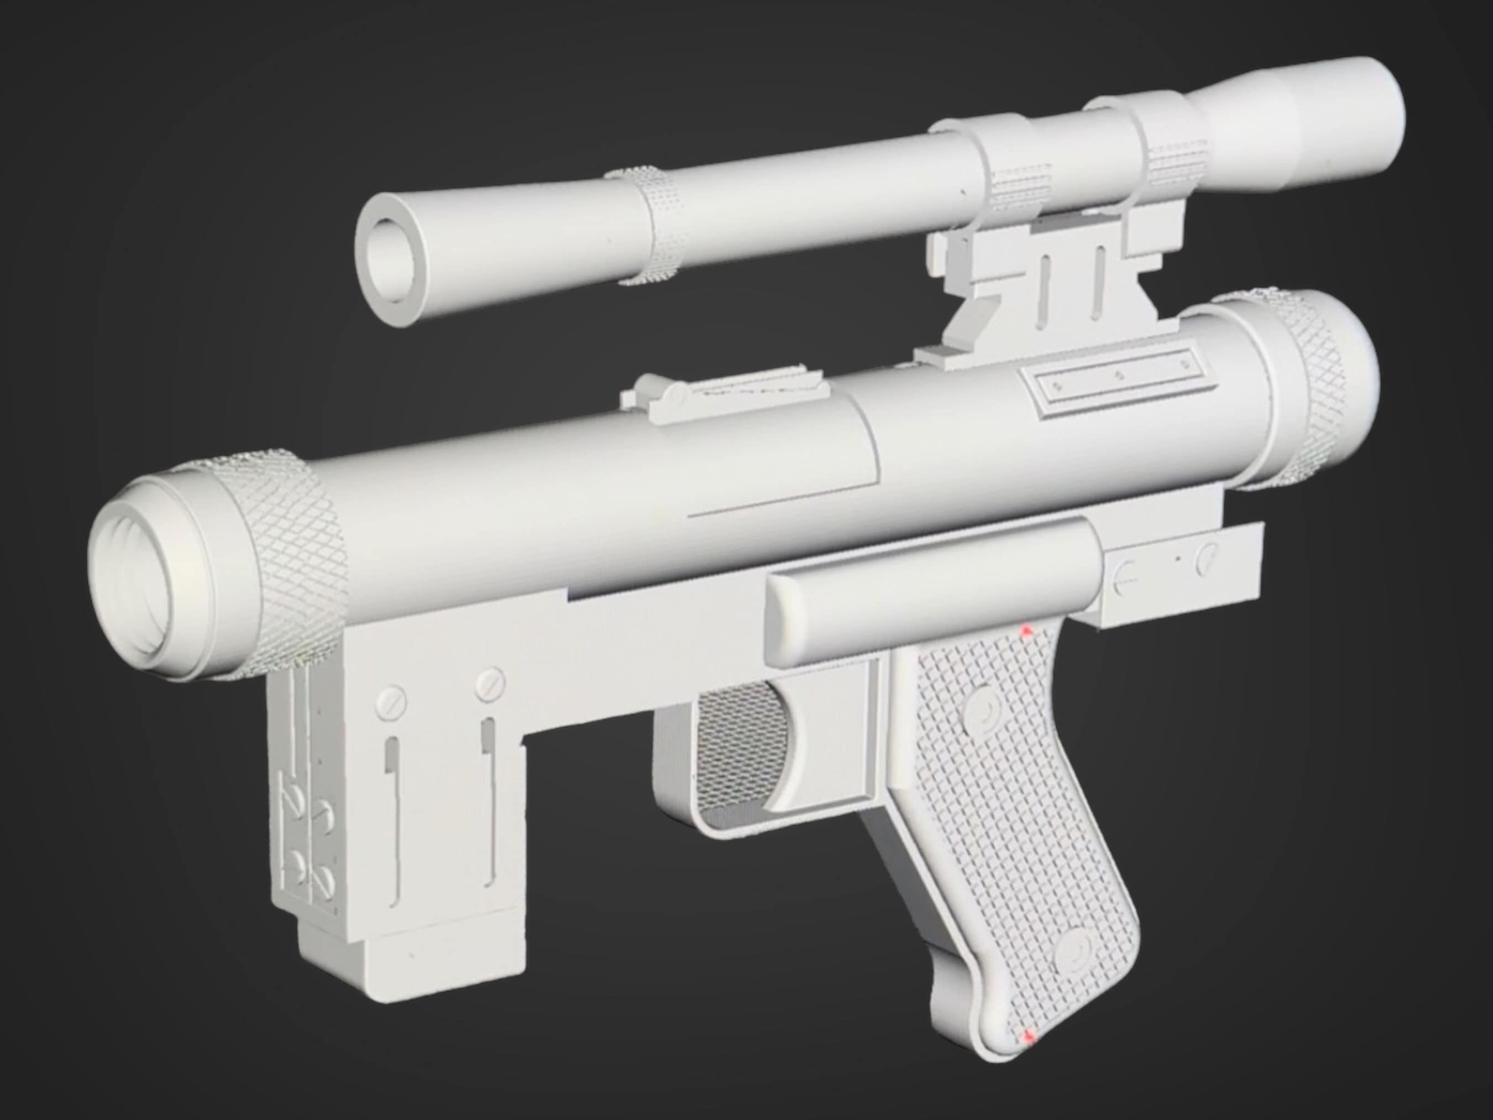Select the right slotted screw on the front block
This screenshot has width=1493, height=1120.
coord(490,685)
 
